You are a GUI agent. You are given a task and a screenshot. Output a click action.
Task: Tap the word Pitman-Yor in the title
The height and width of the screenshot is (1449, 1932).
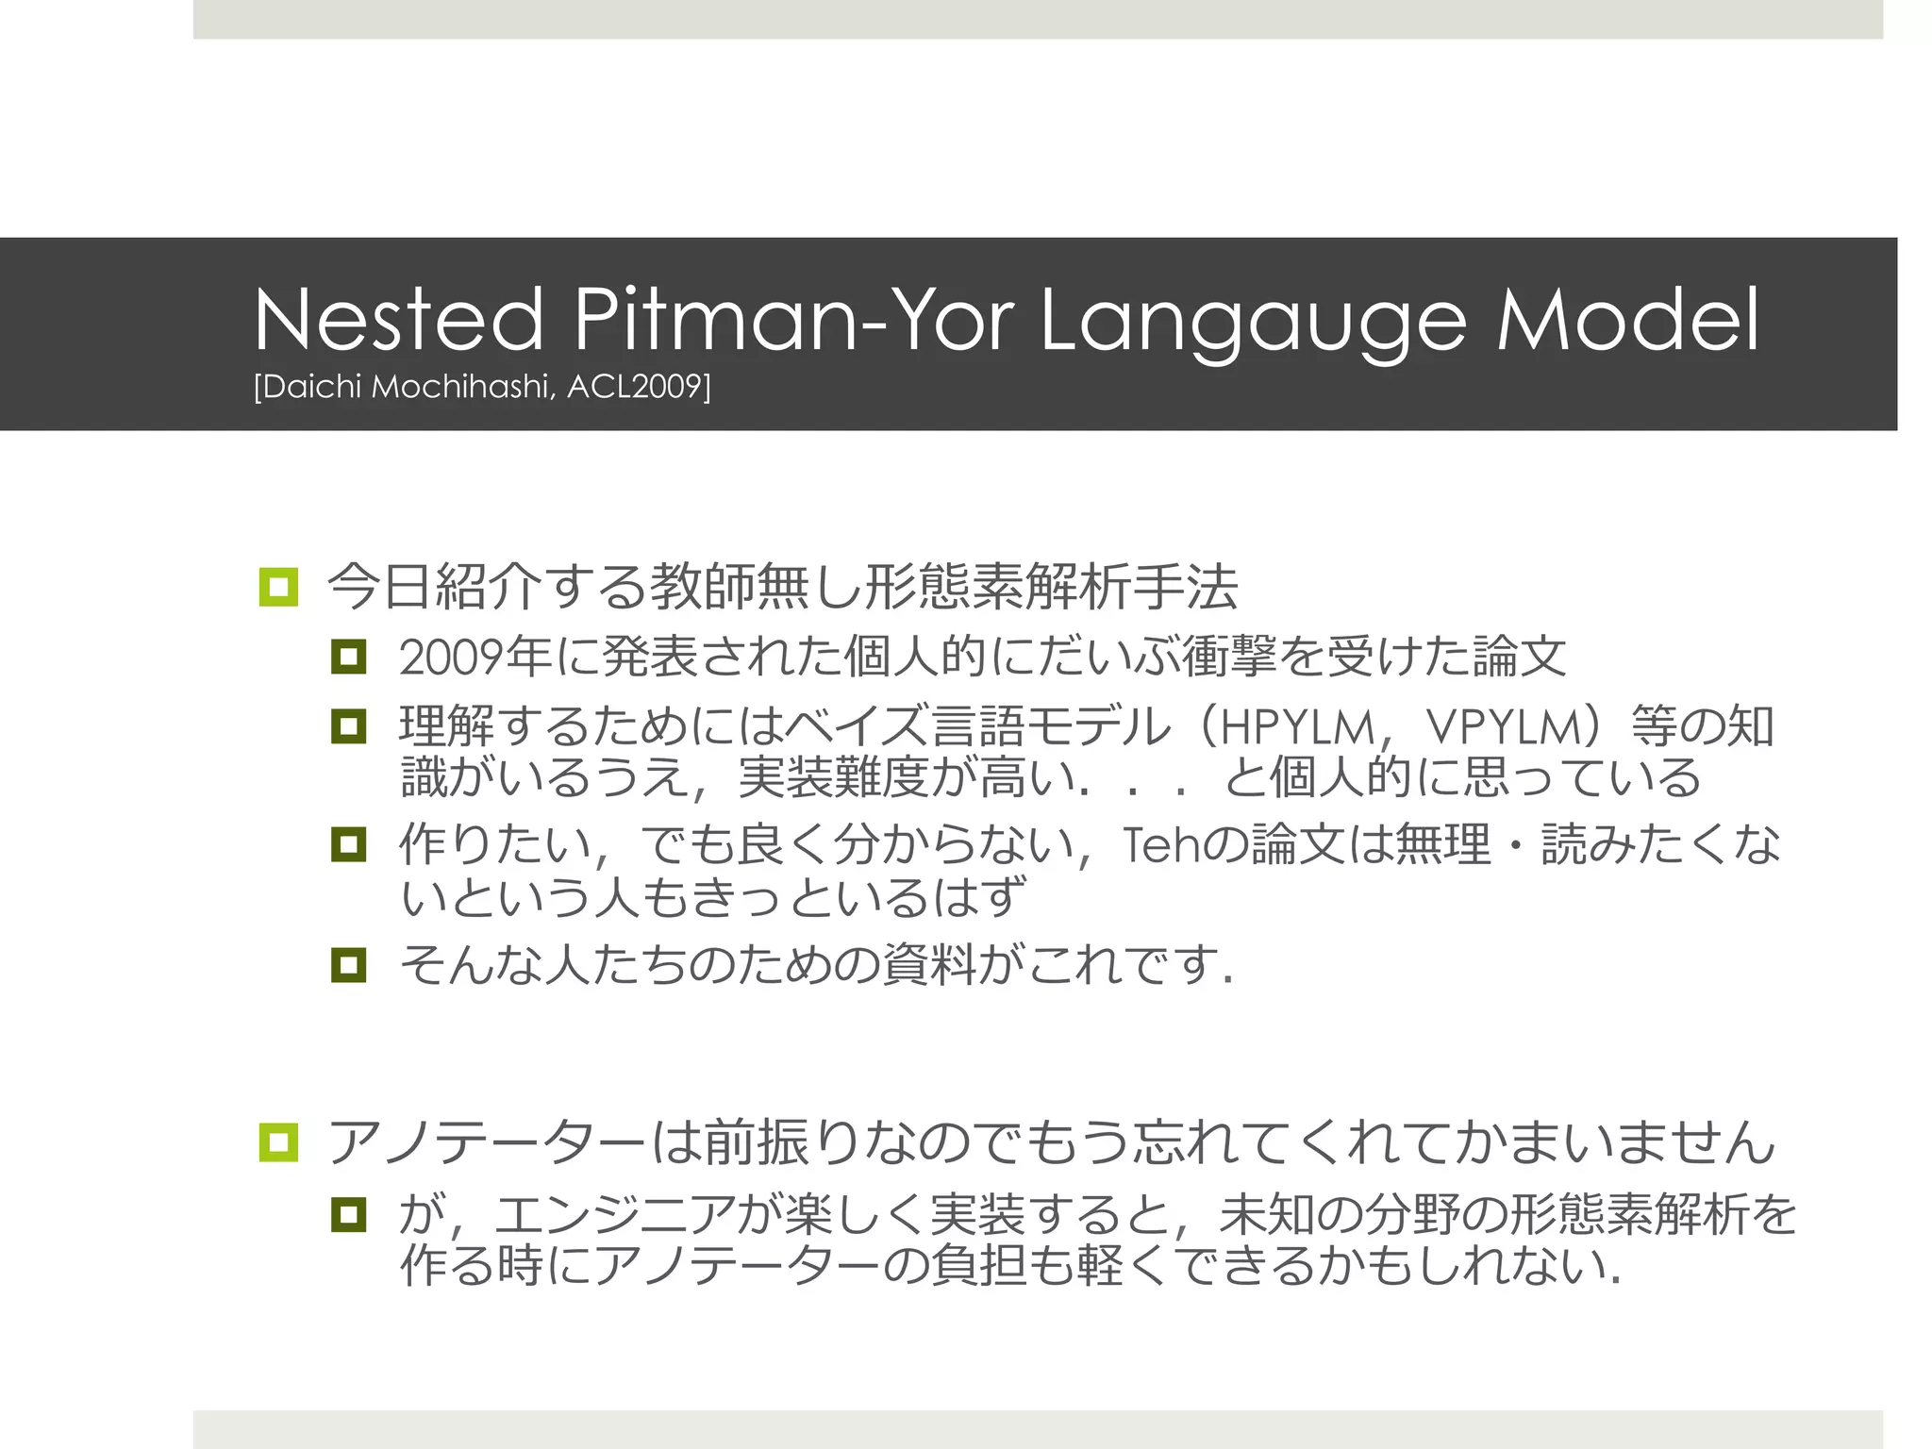coord(793,320)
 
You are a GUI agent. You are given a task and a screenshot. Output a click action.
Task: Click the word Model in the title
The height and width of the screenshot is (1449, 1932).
coord(1628,320)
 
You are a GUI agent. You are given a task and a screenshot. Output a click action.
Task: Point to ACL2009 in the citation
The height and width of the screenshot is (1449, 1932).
coord(638,387)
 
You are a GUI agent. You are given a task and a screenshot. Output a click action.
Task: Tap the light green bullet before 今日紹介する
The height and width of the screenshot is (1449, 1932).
coord(278,587)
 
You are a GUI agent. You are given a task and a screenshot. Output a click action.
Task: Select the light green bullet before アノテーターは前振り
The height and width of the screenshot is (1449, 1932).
coord(278,1142)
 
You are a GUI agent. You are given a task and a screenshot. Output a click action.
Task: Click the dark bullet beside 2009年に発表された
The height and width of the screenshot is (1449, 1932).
coord(348,657)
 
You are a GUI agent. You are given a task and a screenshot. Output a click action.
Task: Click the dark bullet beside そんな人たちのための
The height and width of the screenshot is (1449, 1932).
coord(348,965)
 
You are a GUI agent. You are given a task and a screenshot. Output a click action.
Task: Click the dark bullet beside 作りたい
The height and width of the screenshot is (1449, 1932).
coord(348,844)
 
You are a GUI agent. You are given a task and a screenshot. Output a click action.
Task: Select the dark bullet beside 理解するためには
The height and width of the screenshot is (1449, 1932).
coord(348,726)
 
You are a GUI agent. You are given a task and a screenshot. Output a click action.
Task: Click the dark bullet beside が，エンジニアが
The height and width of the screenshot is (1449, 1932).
coord(348,1214)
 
